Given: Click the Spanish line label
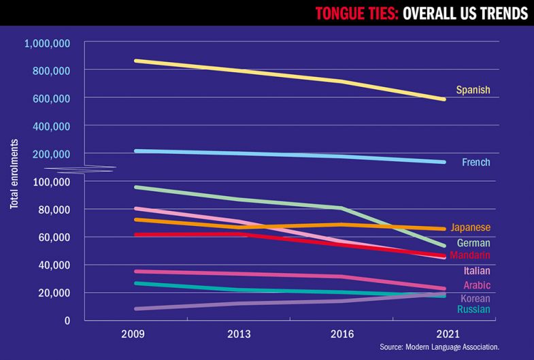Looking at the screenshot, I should pyautogui.click(x=473, y=90).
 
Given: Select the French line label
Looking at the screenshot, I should pyautogui.click(x=475, y=163).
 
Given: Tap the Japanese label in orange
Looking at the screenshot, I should pyautogui.click(x=470, y=227).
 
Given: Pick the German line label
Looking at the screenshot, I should pyautogui.click(x=473, y=243).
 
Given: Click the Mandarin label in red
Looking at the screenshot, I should pyautogui.click(x=470, y=255).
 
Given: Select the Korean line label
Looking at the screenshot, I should pyautogui.click(x=475, y=298).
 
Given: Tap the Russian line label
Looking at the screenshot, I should pyautogui.click(x=473, y=310).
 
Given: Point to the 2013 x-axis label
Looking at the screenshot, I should pyautogui.click(x=239, y=334).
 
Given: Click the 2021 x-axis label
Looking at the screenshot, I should pyautogui.click(x=448, y=334).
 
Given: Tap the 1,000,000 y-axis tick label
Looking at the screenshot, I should pyautogui.click(x=48, y=44).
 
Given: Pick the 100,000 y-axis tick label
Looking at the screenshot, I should pyautogui.click(x=51, y=182).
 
